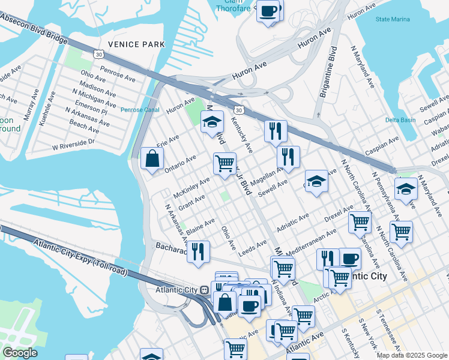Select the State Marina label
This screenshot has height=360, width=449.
coord(393,20)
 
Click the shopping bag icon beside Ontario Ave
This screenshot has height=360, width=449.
coord(152,159)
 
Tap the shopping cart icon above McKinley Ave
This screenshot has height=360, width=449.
coord(224,163)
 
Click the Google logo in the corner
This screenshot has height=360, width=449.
coord(20,353)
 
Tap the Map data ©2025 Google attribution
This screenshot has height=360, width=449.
coord(412,355)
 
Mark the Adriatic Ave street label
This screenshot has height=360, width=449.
coord(292,223)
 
